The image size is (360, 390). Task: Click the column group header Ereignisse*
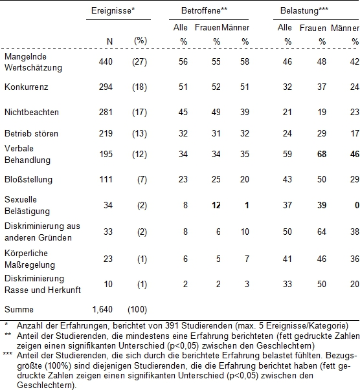click(x=113, y=11)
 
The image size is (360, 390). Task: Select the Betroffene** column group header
click(x=204, y=11)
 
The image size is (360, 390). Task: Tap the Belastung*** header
click(x=304, y=11)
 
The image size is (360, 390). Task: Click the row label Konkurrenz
click(x=26, y=87)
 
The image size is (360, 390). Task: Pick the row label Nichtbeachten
click(x=32, y=112)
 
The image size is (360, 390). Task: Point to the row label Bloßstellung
click(x=28, y=180)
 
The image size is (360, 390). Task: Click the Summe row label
click(x=19, y=309)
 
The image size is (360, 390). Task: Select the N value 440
click(x=106, y=61)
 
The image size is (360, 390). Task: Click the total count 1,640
click(x=102, y=309)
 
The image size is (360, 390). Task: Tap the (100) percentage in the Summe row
click(x=137, y=309)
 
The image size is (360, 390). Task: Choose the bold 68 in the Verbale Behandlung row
click(x=322, y=154)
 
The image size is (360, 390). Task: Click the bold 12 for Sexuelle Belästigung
click(x=216, y=205)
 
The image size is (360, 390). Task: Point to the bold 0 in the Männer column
click(x=357, y=205)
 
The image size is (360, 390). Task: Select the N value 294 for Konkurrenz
click(x=106, y=87)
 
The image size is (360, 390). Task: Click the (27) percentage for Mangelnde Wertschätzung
click(x=139, y=61)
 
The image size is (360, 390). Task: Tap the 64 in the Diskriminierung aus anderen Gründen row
click(x=322, y=232)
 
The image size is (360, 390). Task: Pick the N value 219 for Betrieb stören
click(x=106, y=134)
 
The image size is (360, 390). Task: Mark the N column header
click(x=109, y=41)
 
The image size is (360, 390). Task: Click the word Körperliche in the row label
click(x=26, y=253)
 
